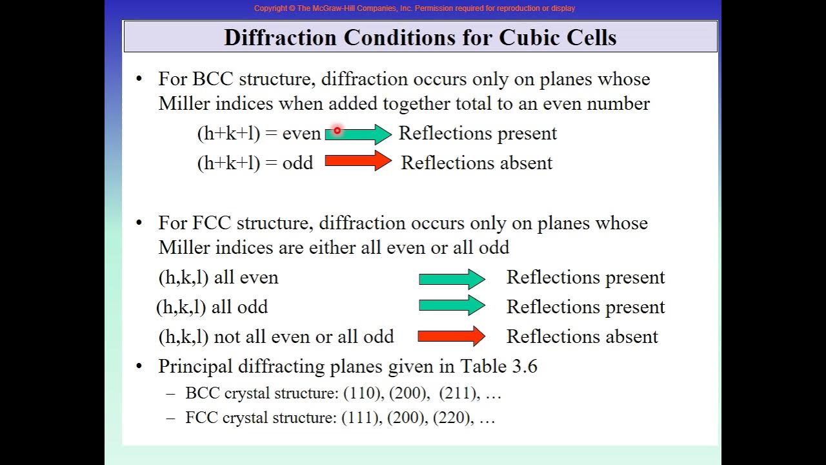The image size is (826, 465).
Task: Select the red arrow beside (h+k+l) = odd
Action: [x=358, y=161]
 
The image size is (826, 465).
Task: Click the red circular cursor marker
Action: [x=337, y=130]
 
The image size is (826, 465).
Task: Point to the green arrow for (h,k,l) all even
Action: [x=452, y=278]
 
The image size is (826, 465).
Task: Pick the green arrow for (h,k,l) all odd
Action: [x=452, y=305]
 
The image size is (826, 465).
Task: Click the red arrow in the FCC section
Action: [x=451, y=336]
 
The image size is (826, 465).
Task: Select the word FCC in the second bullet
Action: [x=212, y=223]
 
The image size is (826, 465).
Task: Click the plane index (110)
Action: [x=362, y=393]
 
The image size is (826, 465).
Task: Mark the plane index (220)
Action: [x=452, y=418]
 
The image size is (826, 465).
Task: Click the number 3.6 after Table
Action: [x=525, y=366]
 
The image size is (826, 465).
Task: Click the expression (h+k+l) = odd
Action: [x=255, y=163]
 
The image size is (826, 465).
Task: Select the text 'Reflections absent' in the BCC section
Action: [x=476, y=163]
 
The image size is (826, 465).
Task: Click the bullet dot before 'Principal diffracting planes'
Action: [x=139, y=366]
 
